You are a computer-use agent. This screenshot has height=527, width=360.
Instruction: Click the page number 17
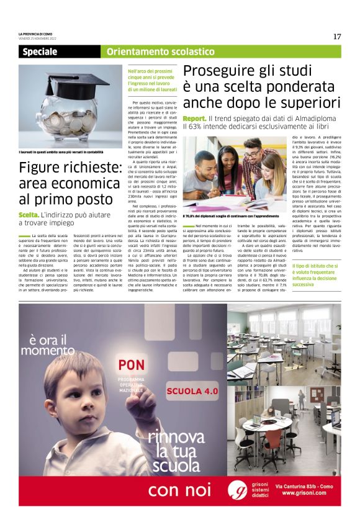coord(336,37)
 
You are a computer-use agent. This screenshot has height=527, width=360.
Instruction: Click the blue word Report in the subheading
coord(194,118)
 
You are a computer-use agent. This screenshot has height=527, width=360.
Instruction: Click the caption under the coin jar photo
coord(60,152)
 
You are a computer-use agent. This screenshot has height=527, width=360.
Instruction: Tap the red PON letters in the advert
coord(132,364)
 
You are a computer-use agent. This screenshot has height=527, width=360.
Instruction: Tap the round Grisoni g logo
coord(238,490)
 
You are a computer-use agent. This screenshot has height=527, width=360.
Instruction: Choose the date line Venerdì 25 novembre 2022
coord(40,38)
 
